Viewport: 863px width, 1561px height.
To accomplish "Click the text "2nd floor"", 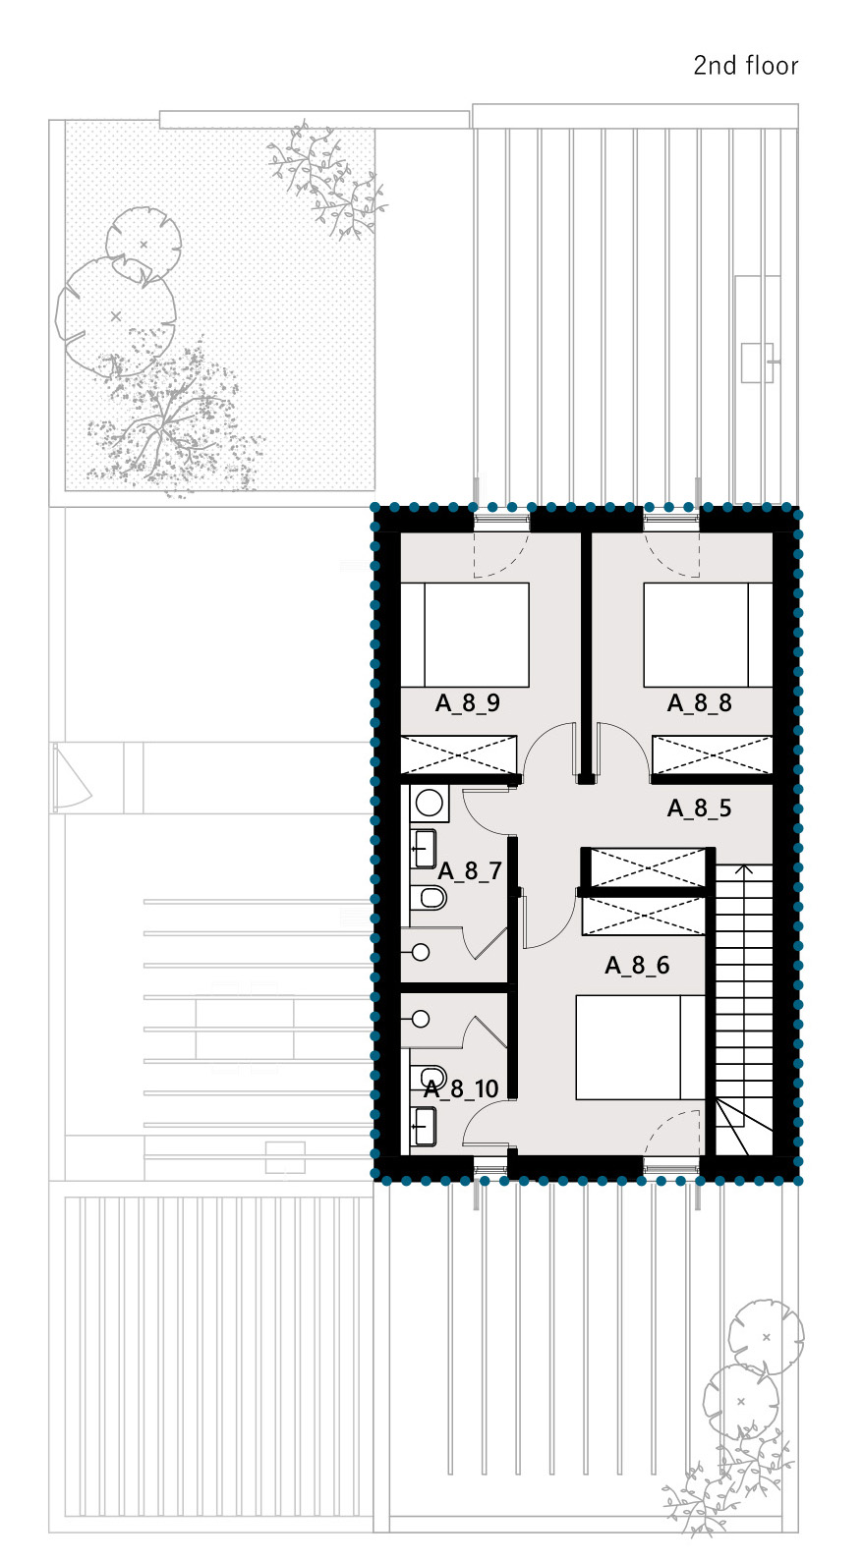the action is (x=745, y=66).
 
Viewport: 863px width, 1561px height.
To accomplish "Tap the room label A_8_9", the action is (x=468, y=703).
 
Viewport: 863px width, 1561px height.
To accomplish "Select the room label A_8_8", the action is (x=699, y=703).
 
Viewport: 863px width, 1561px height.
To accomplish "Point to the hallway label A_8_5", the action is (x=699, y=808).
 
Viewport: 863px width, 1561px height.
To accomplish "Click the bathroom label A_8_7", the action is (x=470, y=871).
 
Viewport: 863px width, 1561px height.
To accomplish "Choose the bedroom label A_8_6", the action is (x=637, y=965).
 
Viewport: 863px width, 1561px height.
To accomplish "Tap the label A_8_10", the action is (x=461, y=1088).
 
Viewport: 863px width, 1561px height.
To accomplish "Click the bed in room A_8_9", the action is (x=465, y=635).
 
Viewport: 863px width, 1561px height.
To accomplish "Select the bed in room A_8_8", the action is (x=709, y=635).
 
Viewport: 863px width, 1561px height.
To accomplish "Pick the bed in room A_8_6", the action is (x=640, y=1047).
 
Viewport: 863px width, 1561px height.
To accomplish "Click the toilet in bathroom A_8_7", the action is (x=428, y=898).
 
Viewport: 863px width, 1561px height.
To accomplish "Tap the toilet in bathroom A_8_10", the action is (x=428, y=1076).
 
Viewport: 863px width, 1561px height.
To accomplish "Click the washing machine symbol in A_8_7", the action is (x=430, y=804).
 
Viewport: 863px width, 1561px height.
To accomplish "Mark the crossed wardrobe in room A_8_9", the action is (x=459, y=754).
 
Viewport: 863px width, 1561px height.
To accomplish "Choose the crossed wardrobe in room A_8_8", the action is (x=713, y=754).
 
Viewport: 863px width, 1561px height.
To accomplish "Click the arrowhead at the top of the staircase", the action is (x=744, y=869).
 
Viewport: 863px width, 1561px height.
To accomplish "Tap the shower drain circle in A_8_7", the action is (x=421, y=952).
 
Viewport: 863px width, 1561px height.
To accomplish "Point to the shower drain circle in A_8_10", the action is (x=421, y=1019).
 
